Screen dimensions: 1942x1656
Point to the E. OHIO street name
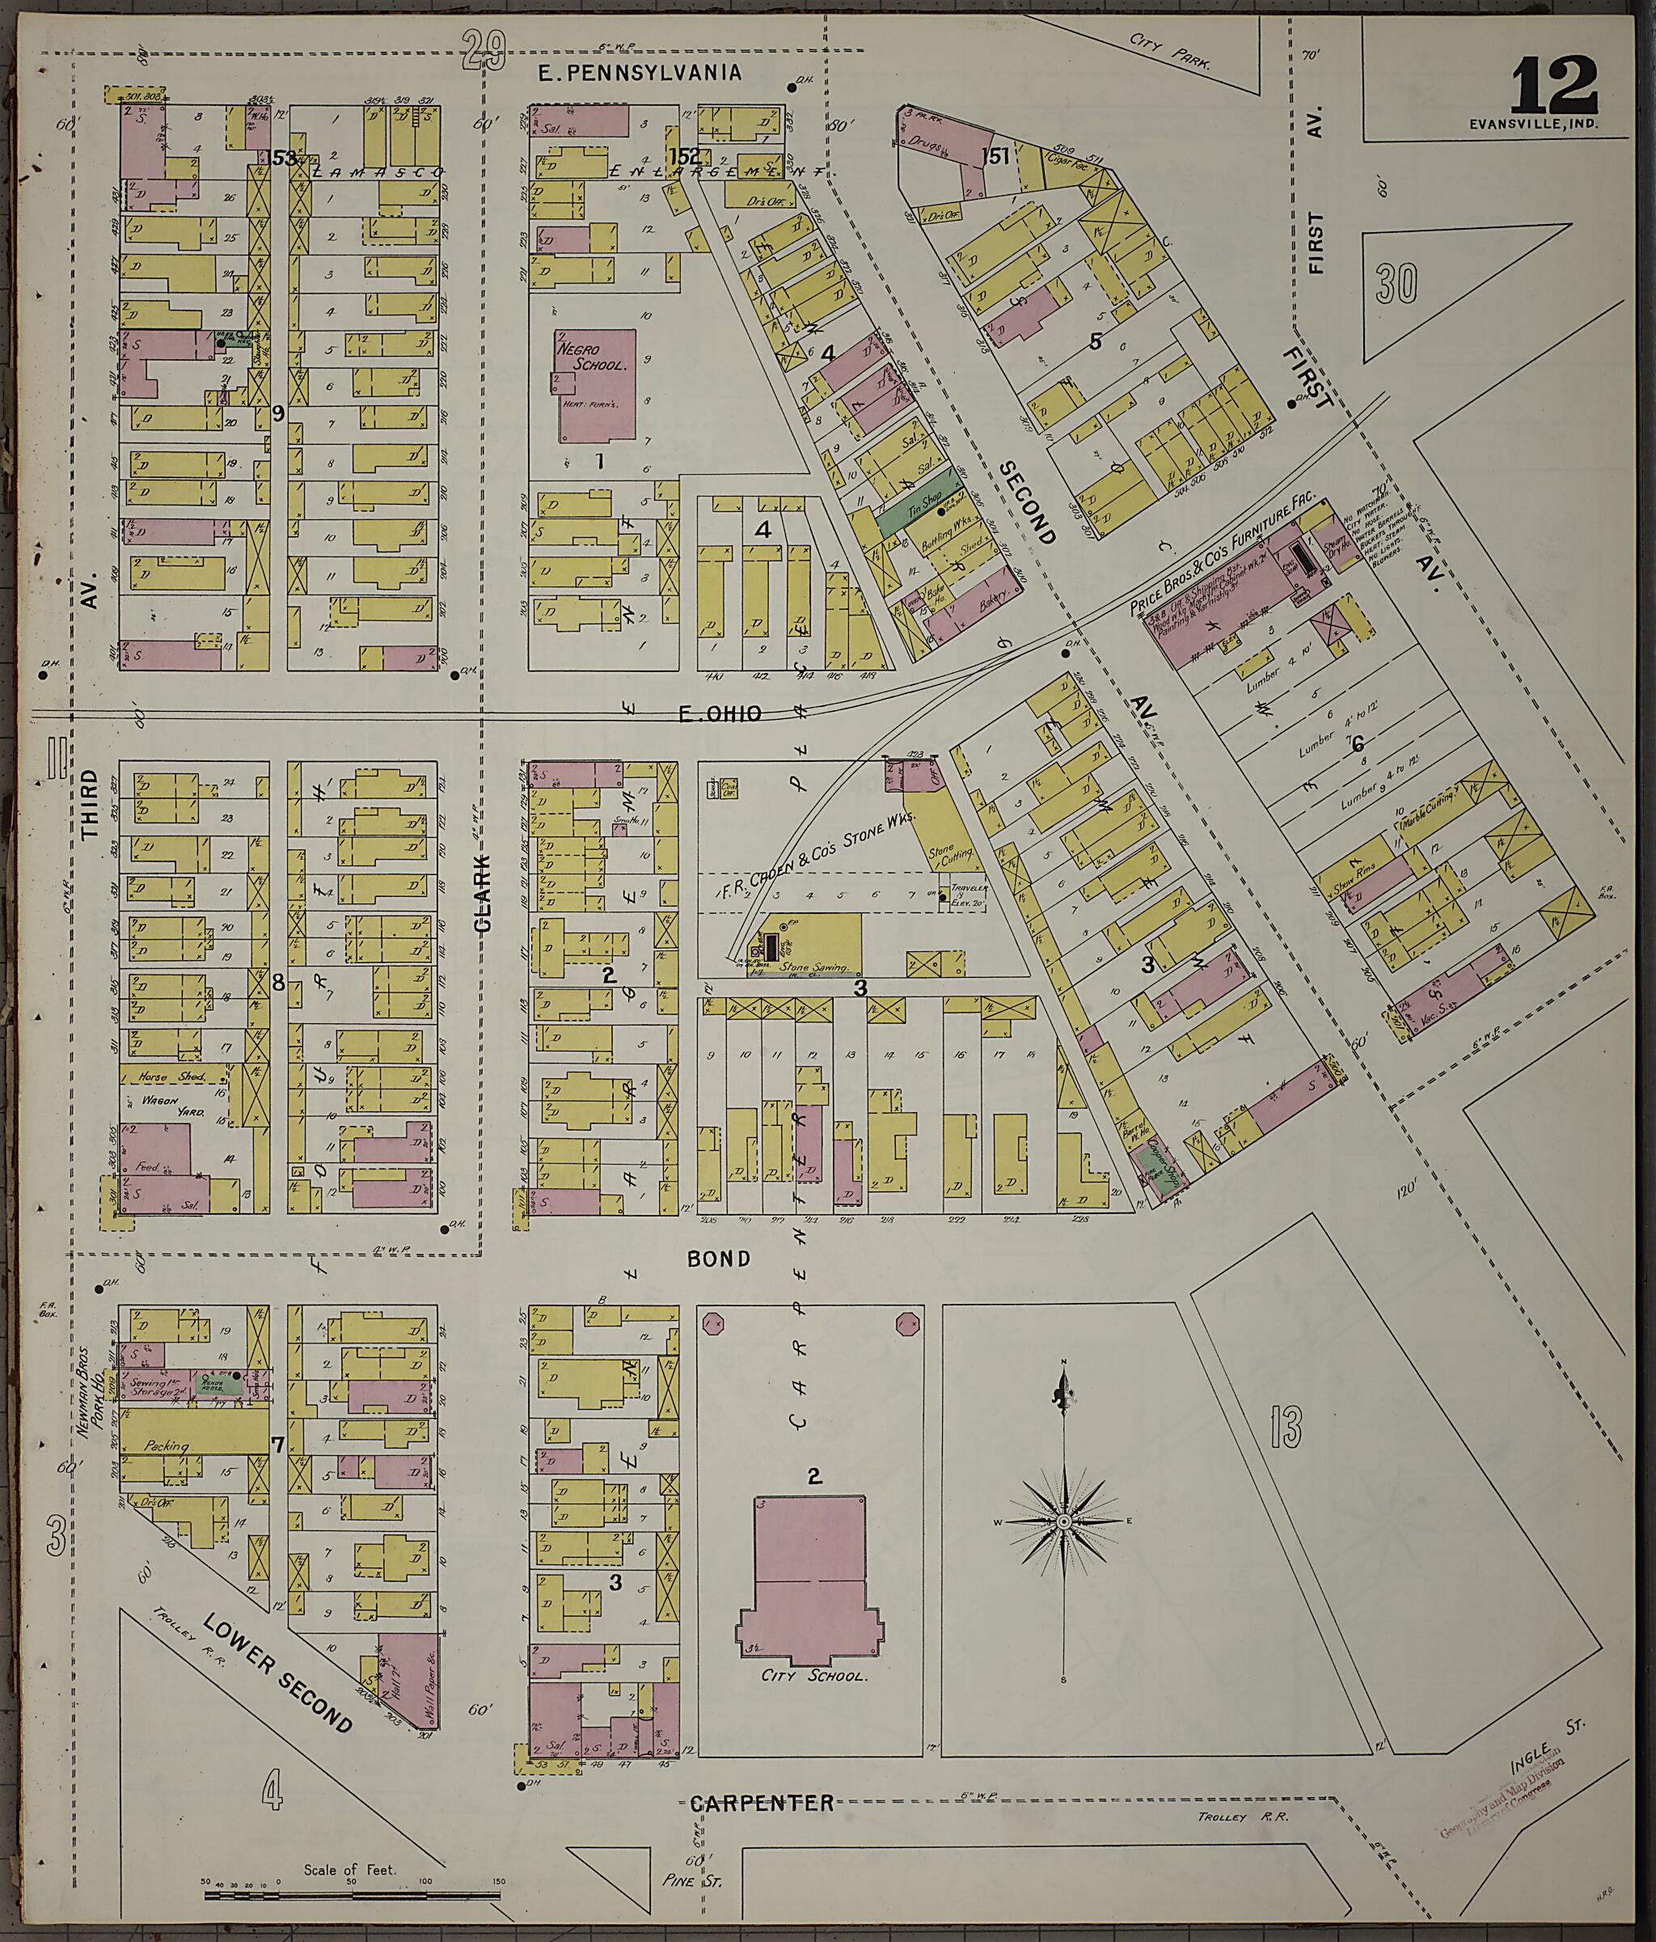[x=719, y=714]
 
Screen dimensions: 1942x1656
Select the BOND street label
[x=720, y=1259]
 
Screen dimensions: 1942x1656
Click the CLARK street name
[x=483, y=892]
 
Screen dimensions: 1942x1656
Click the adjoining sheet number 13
[x=1286, y=1426]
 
